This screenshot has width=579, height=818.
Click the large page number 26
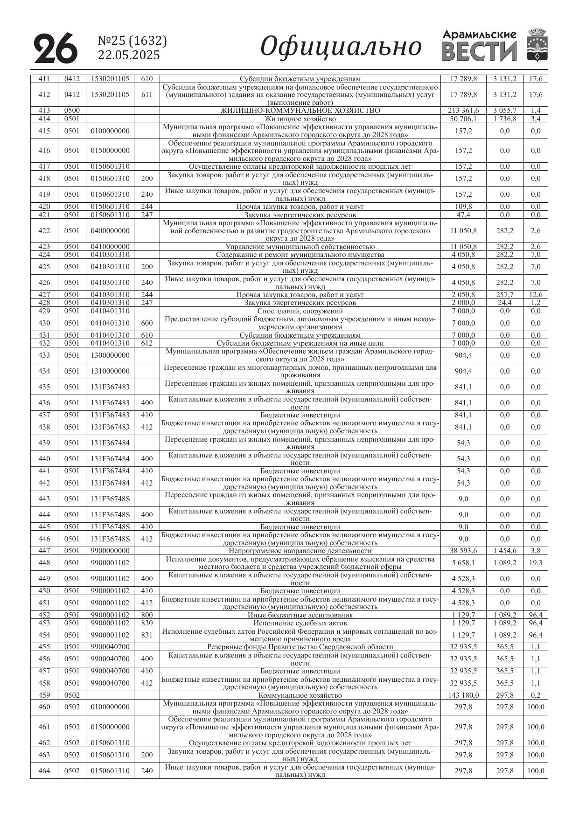(x=56, y=48)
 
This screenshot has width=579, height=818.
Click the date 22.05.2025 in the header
(x=128, y=55)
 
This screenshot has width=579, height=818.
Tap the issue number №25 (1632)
(x=132, y=41)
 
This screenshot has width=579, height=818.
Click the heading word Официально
(x=341, y=47)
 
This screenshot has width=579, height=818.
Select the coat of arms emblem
(x=537, y=45)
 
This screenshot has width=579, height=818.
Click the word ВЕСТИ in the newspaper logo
(x=479, y=52)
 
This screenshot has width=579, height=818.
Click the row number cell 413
(x=44, y=111)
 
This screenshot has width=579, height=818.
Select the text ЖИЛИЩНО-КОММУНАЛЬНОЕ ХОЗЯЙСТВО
(x=300, y=111)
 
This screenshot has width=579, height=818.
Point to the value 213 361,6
(x=463, y=111)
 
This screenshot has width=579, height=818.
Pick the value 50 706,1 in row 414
(x=463, y=119)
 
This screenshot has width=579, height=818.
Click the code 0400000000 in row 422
(x=110, y=231)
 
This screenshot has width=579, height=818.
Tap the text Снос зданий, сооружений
(x=300, y=311)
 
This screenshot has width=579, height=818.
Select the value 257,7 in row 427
(x=504, y=295)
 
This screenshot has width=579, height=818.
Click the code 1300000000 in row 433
(x=110, y=355)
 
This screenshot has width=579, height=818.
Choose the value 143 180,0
(x=463, y=695)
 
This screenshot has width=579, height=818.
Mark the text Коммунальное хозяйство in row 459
(x=300, y=695)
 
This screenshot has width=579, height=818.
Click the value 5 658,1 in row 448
(x=463, y=563)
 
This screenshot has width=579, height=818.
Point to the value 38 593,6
(x=463, y=551)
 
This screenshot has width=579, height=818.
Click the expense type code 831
(x=147, y=635)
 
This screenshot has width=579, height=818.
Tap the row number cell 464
(x=44, y=771)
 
